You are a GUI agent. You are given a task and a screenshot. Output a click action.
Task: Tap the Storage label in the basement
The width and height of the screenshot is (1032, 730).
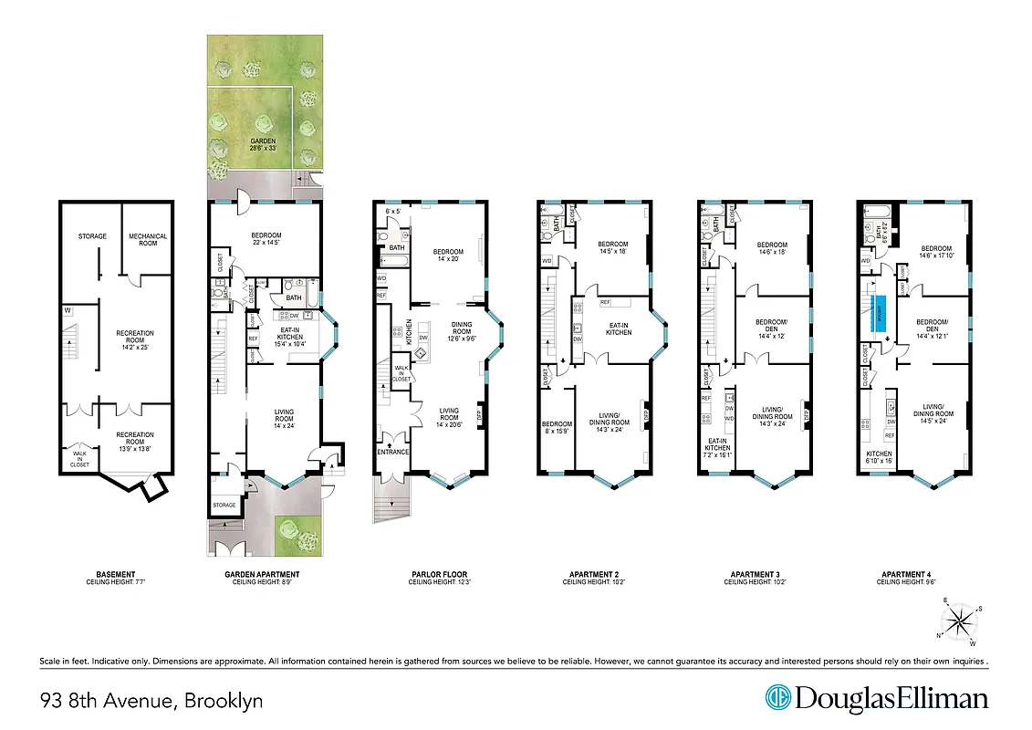(92, 236)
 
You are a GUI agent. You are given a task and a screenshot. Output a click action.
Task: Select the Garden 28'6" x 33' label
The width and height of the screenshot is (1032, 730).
(263, 145)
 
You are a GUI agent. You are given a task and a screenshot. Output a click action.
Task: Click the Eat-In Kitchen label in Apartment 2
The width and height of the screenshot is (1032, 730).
(619, 328)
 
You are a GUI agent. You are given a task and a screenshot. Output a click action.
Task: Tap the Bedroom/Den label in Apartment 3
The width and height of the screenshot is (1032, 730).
(773, 329)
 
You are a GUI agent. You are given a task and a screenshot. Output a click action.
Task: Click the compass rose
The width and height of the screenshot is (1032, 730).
(958, 623)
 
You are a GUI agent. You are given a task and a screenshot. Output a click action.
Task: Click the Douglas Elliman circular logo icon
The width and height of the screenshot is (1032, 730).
(777, 699)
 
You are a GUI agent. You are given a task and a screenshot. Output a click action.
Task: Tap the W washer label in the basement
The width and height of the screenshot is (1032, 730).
(68, 309)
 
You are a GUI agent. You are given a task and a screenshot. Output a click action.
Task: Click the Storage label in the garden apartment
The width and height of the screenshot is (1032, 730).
(224, 505)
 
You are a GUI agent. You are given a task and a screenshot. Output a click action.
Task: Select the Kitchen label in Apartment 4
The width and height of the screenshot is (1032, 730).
(878, 454)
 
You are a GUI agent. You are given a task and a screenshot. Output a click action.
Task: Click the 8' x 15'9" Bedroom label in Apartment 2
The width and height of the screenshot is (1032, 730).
(557, 427)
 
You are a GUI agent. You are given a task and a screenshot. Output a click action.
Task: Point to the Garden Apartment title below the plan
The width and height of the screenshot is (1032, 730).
(262, 575)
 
